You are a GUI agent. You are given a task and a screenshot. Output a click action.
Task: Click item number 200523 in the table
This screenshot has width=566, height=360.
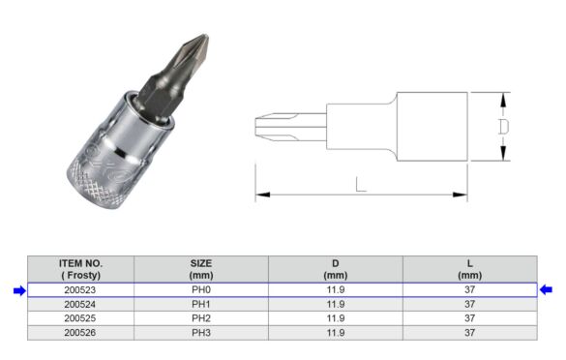pos(79,289)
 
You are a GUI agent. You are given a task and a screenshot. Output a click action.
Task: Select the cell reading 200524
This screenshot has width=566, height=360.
pos(79,303)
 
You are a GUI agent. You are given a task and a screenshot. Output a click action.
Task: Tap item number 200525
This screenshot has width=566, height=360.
pos(79,317)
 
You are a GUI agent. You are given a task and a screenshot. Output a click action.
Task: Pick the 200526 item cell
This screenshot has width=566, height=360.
pos(79,332)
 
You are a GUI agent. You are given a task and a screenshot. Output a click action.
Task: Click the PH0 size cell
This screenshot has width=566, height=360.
pos(200,289)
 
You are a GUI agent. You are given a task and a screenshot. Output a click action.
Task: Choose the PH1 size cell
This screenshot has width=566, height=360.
pos(200,303)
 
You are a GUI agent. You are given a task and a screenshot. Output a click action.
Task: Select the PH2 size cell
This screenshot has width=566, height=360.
pos(200,317)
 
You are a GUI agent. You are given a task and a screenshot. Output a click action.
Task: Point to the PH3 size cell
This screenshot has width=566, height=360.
pos(200,332)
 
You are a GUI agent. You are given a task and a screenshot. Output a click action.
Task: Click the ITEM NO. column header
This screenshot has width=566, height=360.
pos(80,269)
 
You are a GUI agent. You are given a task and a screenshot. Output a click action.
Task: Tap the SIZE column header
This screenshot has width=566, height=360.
pos(200,269)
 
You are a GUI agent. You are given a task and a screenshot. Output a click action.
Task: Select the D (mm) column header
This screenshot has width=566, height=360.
pos(335,269)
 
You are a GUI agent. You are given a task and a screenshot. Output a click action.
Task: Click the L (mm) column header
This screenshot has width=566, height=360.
pos(469,269)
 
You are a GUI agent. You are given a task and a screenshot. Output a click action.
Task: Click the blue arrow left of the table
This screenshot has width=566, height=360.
pos(18,289)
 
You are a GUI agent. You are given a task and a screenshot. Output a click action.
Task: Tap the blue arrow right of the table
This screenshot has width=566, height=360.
pos(547,289)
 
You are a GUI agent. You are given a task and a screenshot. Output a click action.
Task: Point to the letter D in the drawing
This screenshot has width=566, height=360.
pos(503,127)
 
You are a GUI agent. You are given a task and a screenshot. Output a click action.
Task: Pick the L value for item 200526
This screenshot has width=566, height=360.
pos(469,332)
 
